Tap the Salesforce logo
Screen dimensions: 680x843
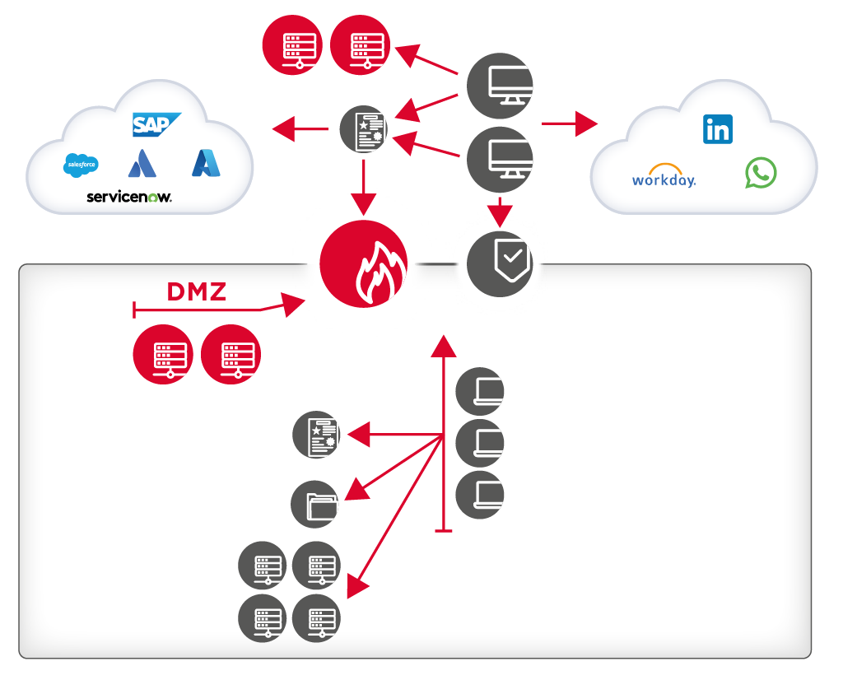[x=81, y=165]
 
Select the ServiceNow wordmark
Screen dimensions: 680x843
[x=129, y=198]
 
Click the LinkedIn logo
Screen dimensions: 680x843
[x=718, y=130]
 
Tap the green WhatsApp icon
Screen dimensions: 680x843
[x=761, y=173]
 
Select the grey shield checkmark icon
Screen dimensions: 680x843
[x=501, y=263]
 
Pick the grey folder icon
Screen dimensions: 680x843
[x=316, y=504]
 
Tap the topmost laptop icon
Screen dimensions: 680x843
[x=480, y=391]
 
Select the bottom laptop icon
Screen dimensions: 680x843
[x=480, y=495]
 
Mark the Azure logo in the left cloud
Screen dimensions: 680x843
[x=206, y=163]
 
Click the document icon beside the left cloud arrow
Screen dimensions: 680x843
[x=364, y=128]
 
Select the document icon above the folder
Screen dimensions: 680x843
[x=317, y=435]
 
